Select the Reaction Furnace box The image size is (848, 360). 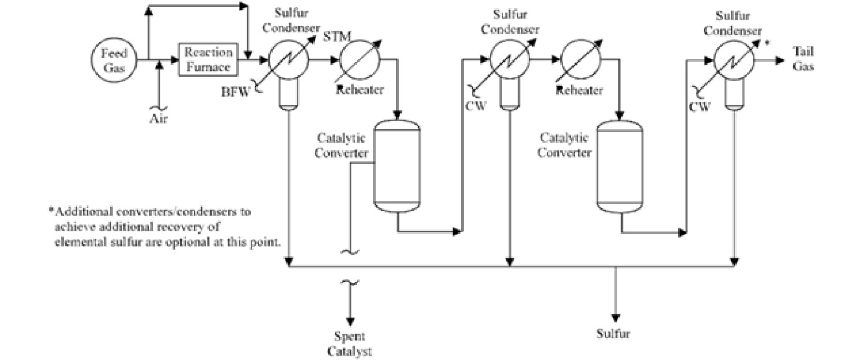click(x=207, y=60)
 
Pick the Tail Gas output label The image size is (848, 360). click(x=803, y=59)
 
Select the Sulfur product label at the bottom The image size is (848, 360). click(x=614, y=334)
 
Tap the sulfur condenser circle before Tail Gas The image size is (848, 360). click(x=733, y=60)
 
